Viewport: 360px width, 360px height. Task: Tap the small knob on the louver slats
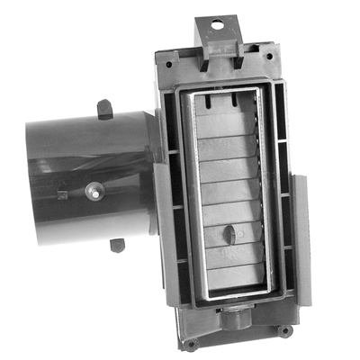point(229,235)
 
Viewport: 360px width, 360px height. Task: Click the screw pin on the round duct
point(93,193)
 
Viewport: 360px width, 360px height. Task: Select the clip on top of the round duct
point(104,110)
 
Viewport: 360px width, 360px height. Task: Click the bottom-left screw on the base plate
point(190,343)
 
